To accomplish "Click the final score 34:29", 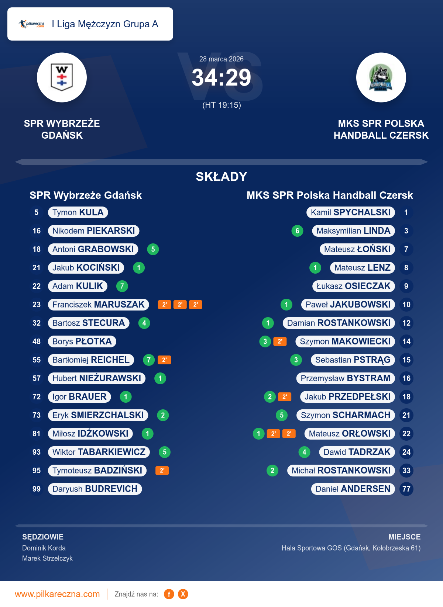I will (x=221, y=77).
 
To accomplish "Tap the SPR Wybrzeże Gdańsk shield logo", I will (x=62, y=77).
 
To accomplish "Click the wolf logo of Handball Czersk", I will (x=381, y=77).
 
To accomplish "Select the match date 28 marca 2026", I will (x=221, y=59).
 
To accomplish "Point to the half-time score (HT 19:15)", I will (x=221, y=105).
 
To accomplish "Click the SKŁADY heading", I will (x=221, y=177).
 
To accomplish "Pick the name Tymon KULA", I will (x=78, y=212).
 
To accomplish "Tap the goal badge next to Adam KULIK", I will (x=122, y=286).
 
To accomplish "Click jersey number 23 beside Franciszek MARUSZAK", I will (x=37, y=305).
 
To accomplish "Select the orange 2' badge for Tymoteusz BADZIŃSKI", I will (x=162, y=471).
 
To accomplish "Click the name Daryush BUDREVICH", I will (x=95, y=489).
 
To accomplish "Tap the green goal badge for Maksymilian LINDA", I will (x=297, y=231).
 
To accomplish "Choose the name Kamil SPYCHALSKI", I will (x=350, y=212).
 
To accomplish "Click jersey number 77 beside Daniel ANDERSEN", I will (x=406, y=489).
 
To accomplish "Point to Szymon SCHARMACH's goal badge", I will (x=282, y=415).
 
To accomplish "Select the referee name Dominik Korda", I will (x=44, y=548).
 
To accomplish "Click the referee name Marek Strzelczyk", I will (x=47, y=558).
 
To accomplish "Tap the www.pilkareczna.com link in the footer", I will (x=57, y=594).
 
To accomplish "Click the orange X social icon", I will (x=183, y=594).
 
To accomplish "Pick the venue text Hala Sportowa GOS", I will (x=312, y=548).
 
